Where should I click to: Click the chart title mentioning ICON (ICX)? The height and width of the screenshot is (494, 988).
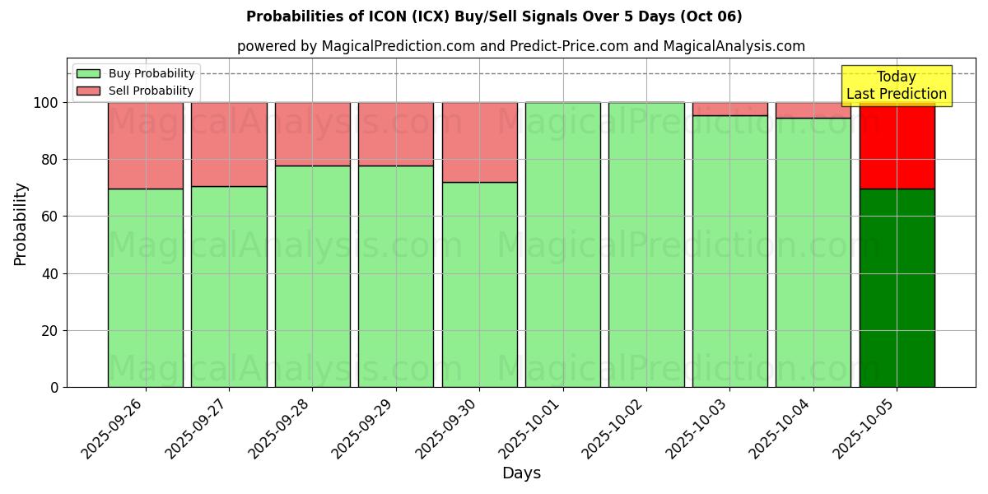(x=494, y=16)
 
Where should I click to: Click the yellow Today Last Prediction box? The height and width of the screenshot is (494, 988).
(x=896, y=86)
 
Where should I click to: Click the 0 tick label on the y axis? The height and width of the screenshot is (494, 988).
(x=54, y=387)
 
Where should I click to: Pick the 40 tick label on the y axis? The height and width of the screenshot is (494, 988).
(x=50, y=273)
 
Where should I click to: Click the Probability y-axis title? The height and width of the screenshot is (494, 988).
(x=21, y=224)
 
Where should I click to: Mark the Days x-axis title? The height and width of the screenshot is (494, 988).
(x=521, y=473)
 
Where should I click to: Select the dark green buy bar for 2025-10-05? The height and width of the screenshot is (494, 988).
(x=897, y=288)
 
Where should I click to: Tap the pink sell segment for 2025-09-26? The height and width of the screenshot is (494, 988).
(x=146, y=146)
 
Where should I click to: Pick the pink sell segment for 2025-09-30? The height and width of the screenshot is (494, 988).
(x=479, y=142)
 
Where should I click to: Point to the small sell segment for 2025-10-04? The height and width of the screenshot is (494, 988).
(x=813, y=110)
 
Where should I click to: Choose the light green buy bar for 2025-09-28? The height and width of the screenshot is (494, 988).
(x=313, y=277)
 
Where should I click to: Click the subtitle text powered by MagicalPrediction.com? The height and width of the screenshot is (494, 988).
(x=521, y=46)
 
